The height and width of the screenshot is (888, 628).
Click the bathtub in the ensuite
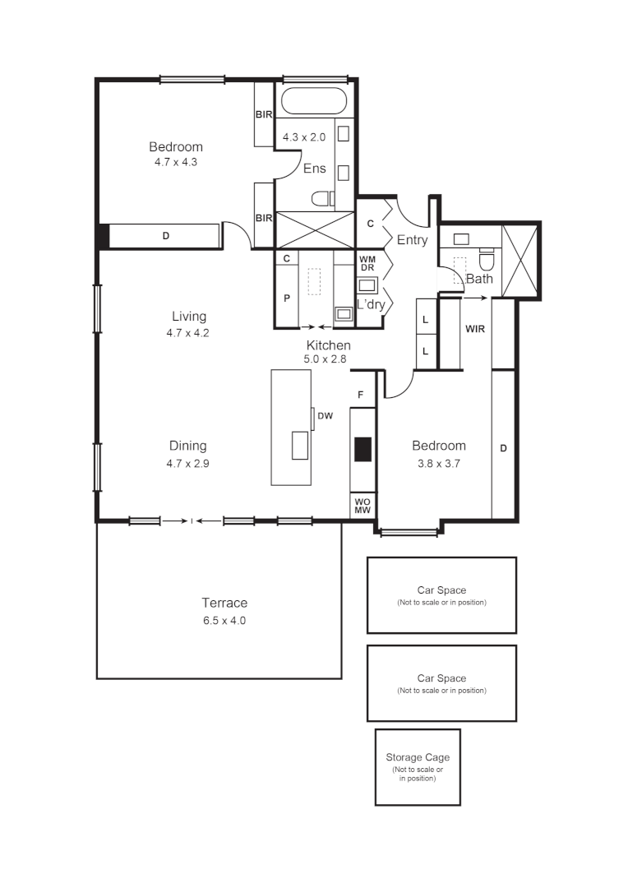click(x=314, y=101)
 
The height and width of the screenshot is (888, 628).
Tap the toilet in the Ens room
click(x=322, y=198)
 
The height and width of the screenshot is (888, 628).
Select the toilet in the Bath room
click(x=487, y=261)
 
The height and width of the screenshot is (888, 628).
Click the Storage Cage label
click(x=418, y=757)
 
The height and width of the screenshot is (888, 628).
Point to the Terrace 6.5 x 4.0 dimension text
click(x=224, y=621)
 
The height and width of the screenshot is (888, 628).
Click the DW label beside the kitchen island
click(x=326, y=416)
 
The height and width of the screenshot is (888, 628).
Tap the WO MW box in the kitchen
click(x=362, y=505)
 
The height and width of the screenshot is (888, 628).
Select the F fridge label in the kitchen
click(x=360, y=395)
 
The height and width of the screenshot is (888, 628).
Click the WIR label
click(x=474, y=330)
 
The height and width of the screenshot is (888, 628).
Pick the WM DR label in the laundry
click(x=367, y=264)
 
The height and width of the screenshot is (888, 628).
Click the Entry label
click(x=412, y=240)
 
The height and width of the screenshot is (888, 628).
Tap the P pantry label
click(x=287, y=298)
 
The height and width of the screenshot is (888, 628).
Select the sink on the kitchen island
click(x=300, y=445)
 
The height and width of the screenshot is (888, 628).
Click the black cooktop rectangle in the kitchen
click(x=362, y=449)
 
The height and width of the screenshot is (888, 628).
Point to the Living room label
click(x=189, y=317)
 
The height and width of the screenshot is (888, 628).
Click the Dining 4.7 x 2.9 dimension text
click(x=187, y=462)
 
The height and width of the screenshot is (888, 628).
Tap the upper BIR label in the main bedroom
click(x=264, y=114)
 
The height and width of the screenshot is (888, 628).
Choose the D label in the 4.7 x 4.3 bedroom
click(x=165, y=237)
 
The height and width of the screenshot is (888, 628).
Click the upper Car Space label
click(x=441, y=590)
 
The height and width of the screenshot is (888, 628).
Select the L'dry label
click(x=371, y=304)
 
